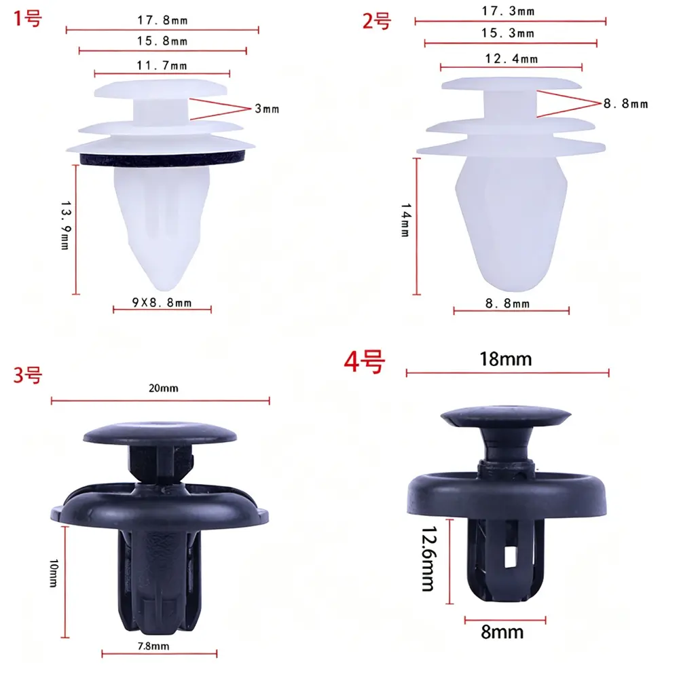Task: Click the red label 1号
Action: pyautogui.click(x=27, y=18)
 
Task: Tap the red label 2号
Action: pyautogui.click(x=376, y=21)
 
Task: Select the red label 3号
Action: pyautogui.click(x=27, y=375)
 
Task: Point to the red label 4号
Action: pyautogui.click(x=364, y=362)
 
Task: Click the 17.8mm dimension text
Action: pyautogui.click(x=162, y=20)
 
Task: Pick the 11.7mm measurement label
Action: pyautogui.click(x=162, y=65)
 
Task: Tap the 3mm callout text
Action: pyautogui.click(x=267, y=109)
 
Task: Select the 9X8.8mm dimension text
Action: pyautogui.click(x=162, y=302)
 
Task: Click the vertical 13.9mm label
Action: pyautogui.click(x=65, y=225)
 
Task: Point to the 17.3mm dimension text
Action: pyautogui.click(x=509, y=11)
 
